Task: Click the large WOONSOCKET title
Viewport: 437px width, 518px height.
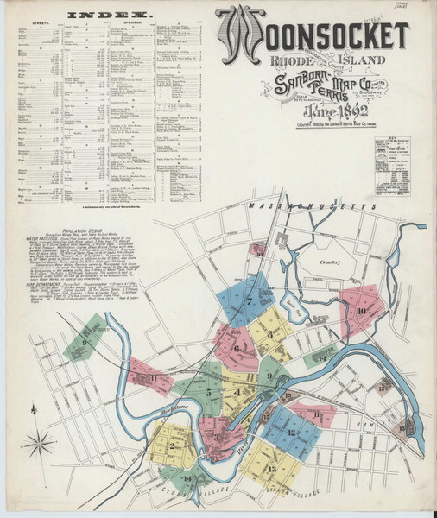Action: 311,35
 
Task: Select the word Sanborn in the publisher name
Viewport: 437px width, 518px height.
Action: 291,84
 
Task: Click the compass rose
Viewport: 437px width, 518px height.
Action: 39,445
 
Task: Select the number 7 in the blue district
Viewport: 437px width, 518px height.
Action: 250,301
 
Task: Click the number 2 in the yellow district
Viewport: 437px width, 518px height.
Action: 173,445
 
